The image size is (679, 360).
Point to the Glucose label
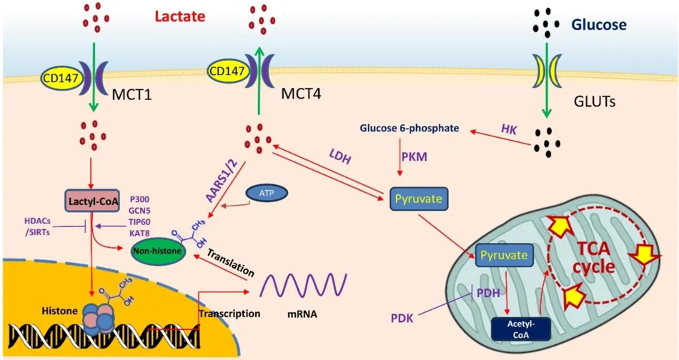[x=598, y=25]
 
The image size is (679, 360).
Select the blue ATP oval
[x=262, y=193]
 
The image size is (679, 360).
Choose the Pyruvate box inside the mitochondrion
[x=505, y=254]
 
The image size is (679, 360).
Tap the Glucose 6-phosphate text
[x=412, y=129]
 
